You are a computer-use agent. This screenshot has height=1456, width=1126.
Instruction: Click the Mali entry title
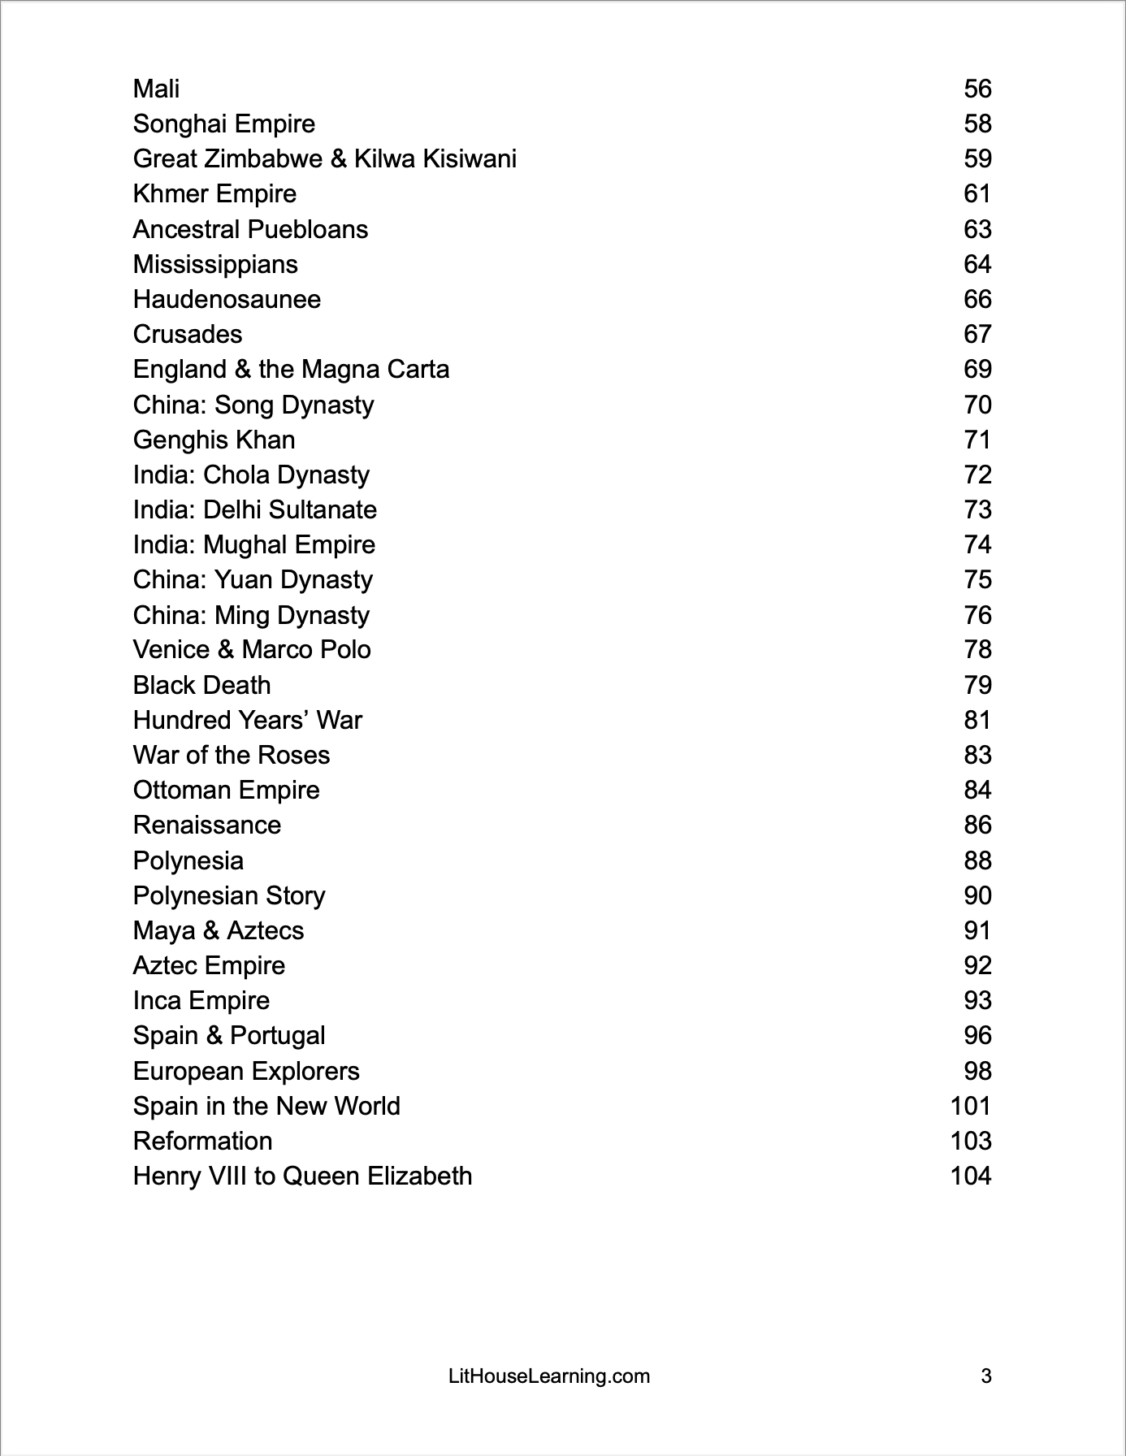click(156, 89)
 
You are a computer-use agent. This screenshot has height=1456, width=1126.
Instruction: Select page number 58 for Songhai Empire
click(977, 123)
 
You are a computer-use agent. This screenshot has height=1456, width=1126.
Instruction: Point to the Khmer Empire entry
click(214, 193)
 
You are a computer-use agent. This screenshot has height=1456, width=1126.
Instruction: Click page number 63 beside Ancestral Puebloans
click(977, 229)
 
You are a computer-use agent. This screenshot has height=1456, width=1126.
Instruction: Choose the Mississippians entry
click(215, 264)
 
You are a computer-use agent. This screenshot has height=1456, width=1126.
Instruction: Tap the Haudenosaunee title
click(227, 299)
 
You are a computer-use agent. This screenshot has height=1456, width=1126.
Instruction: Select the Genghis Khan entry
click(214, 440)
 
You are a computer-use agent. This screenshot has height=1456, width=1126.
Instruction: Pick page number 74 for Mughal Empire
click(977, 544)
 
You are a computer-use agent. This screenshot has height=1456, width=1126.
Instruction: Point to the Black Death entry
click(201, 685)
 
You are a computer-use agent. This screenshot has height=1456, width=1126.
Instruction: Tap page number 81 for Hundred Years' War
click(977, 720)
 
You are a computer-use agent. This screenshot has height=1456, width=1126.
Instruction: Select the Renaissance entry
click(206, 825)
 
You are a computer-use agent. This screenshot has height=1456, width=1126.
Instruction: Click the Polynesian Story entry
click(228, 895)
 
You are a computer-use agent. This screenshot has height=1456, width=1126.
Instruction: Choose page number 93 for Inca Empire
click(977, 1000)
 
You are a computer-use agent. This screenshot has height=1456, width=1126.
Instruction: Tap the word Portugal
click(277, 1035)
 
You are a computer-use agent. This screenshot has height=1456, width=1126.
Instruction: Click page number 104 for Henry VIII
click(971, 1176)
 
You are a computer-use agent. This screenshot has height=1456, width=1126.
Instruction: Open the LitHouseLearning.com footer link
click(549, 1376)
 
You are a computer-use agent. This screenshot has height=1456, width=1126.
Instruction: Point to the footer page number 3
click(986, 1376)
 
